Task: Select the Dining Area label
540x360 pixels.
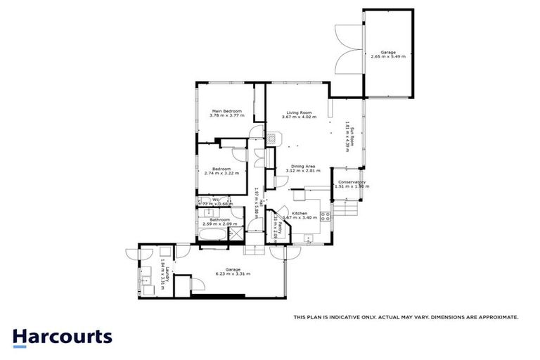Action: (x=304, y=166)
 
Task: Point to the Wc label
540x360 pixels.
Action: (x=216, y=200)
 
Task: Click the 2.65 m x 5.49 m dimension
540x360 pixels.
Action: (x=387, y=57)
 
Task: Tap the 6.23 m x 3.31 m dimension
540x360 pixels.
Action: (x=233, y=274)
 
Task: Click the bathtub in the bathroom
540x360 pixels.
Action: (x=215, y=234)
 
